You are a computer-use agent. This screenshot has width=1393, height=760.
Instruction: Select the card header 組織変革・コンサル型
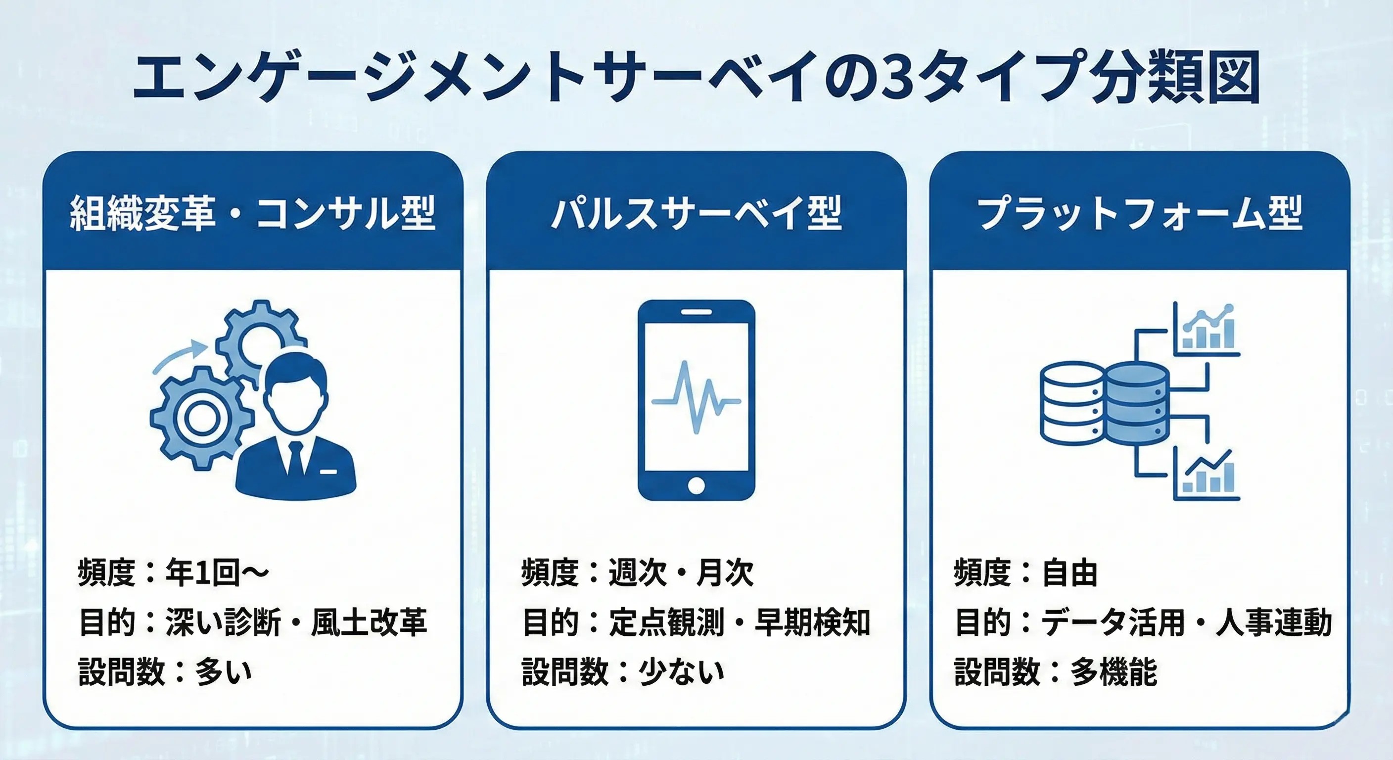pyautogui.click(x=253, y=213)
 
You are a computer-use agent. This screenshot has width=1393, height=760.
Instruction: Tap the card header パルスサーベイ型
pyautogui.click(x=696, y=213)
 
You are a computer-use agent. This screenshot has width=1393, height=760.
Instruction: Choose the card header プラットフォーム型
pyautogui.click(x=1139, y=213)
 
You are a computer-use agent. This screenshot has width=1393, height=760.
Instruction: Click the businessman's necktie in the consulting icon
pyautogui.click(x=295, y=460)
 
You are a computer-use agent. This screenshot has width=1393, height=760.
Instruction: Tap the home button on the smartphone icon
pyautogui.click(x=696, y=485)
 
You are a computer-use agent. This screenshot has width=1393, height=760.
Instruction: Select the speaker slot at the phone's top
pyautogui.click(x=696, y=312)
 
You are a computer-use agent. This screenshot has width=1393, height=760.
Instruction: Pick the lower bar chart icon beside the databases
pyautogui.click(x=1207, y=476)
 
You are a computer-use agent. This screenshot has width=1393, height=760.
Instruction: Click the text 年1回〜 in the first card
pyautogui.click(x=216, y=573)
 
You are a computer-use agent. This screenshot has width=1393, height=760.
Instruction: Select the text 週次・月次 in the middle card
pyautogui.click(x=681, y=573)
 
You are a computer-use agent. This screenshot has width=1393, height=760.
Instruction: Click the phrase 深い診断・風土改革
pyautogui.click(x=296, y=622)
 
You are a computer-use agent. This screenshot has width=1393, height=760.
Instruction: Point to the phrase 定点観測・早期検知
pyautogui.click(x=739, y=622)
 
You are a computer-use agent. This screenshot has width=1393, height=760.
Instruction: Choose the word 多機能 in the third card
pyautogui.click(x=1114, y=672)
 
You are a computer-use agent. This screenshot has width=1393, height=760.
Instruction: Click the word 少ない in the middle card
pyautogui.click(x=681, y=672)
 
